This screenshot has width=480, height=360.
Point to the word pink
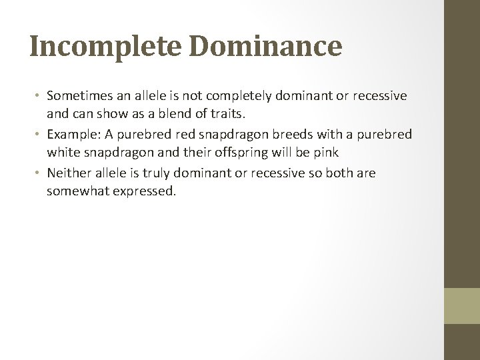pyautogui.click(x=327, y=152)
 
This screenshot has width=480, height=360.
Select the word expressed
pyautogui.click(x=147, y=191)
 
